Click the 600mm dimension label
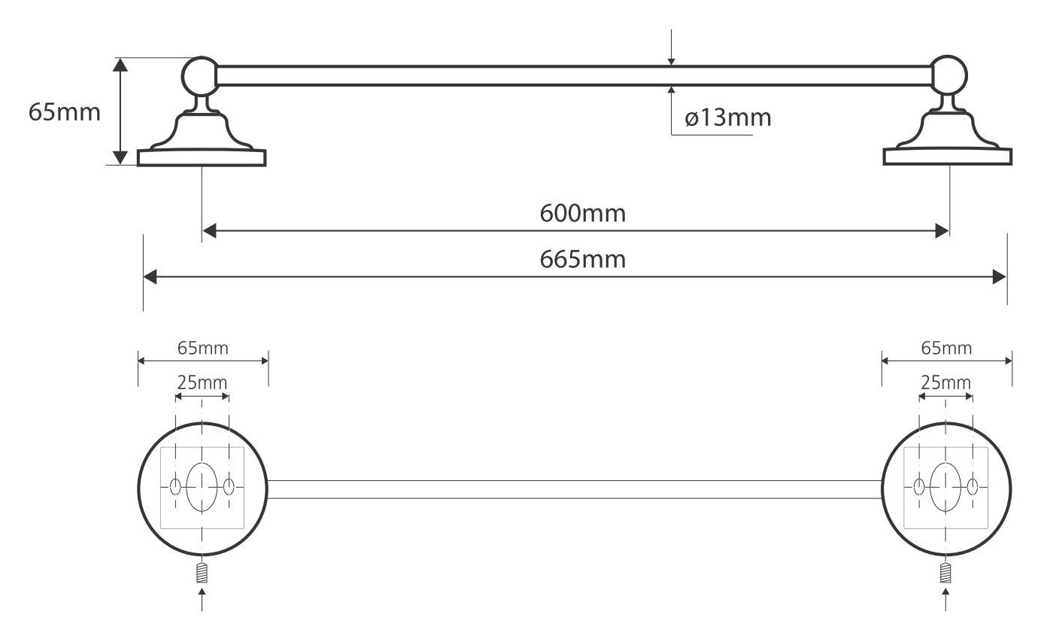[x=583, y=214]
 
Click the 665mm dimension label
[x=583, y=259]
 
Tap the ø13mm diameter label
[x=728, y=117]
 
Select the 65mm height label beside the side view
[x=65, y=112]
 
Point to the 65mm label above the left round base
[x=203, y=348]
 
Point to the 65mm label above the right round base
[x=946, y=348]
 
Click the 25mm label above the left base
[x=202, y=383]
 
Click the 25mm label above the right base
[x=945, y=383]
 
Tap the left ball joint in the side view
[x=200, y=76]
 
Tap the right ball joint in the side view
[x=949, y=75]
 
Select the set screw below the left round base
[x=202, y=573]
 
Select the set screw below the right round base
[x=945, y=573]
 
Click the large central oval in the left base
[x=202, y=487]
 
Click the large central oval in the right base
[x=945, y=487]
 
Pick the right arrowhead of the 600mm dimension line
[x=942, y=231]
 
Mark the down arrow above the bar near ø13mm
[x=671, y=47]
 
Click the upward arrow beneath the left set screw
[x=202, y=599]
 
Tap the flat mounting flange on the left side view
[x=202, y=157]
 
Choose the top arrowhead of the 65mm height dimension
[x=120, y=65]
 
